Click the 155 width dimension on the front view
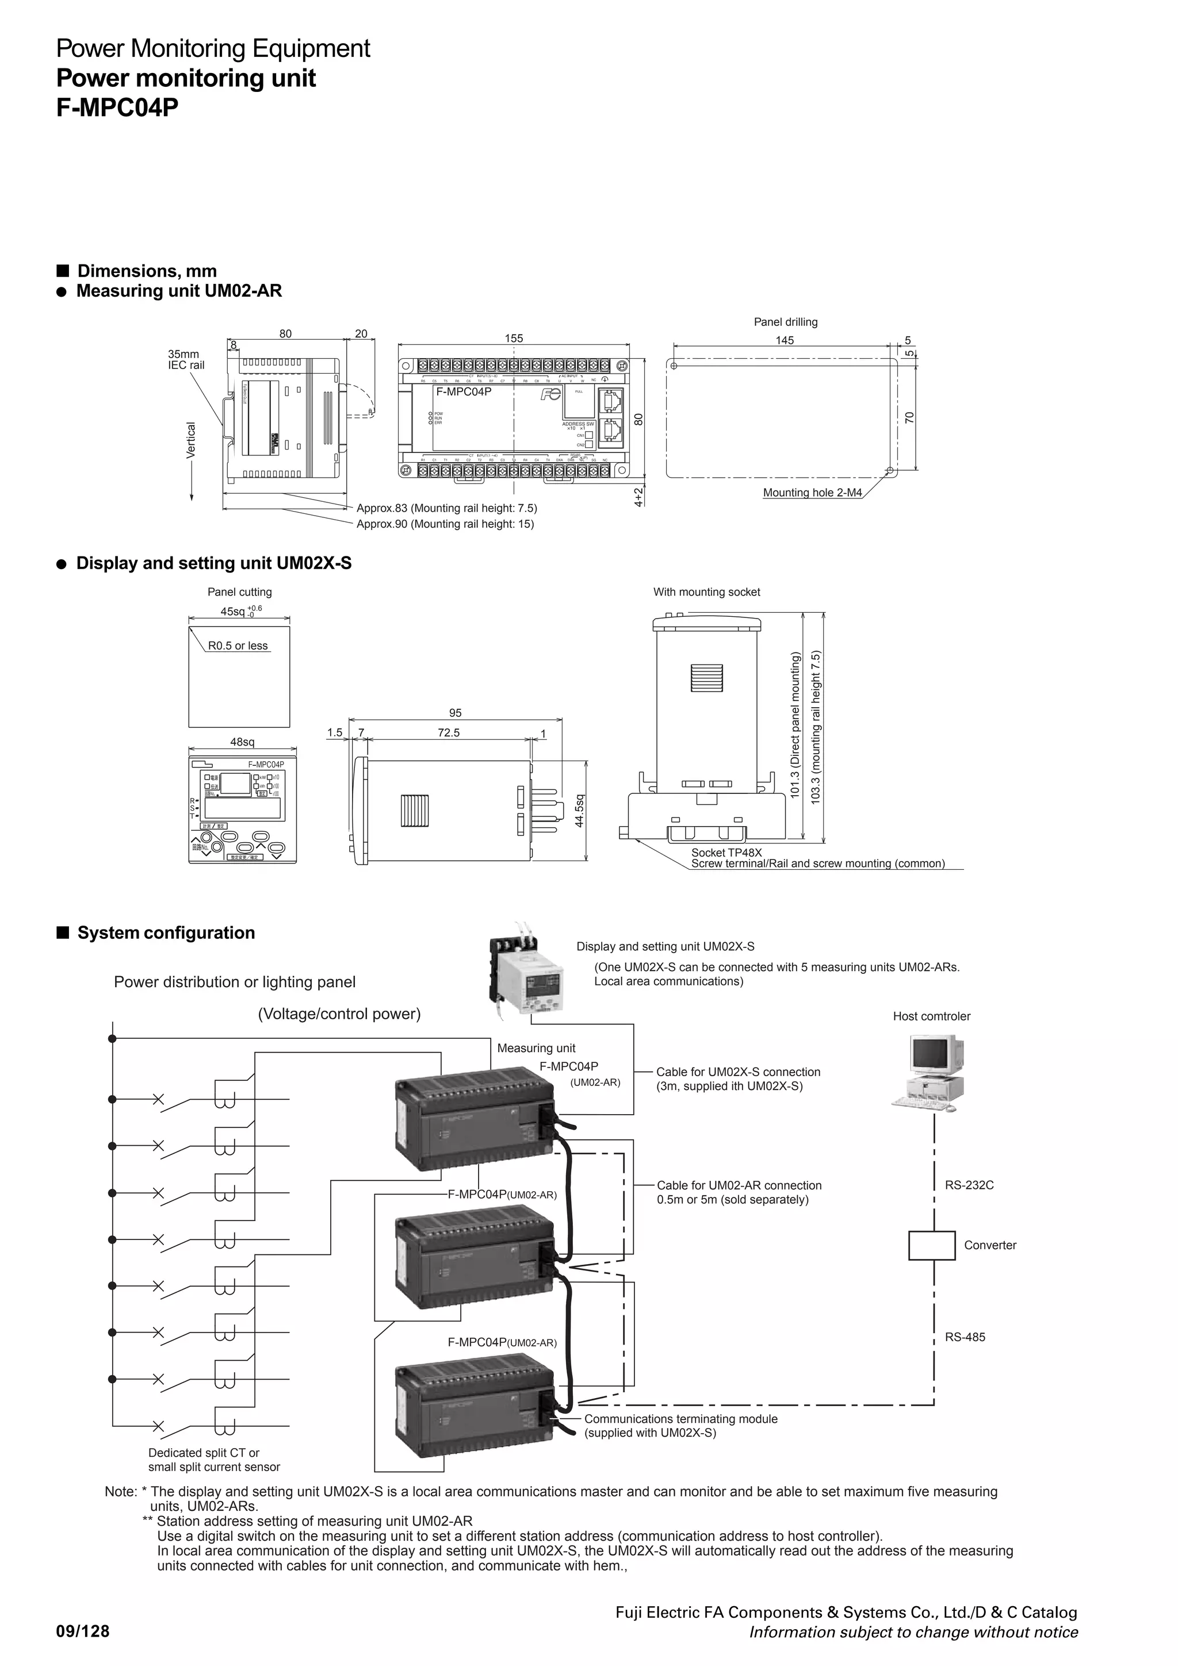513,338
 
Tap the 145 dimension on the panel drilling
785,340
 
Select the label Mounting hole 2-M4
812,493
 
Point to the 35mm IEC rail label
186,360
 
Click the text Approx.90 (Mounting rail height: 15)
445,524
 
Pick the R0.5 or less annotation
238,646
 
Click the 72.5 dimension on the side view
449,733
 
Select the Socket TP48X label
726,853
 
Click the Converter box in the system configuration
931,1245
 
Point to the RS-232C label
969,1185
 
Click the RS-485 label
965,1337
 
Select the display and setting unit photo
527,973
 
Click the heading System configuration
166,932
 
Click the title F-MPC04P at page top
117,108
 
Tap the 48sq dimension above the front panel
242,742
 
